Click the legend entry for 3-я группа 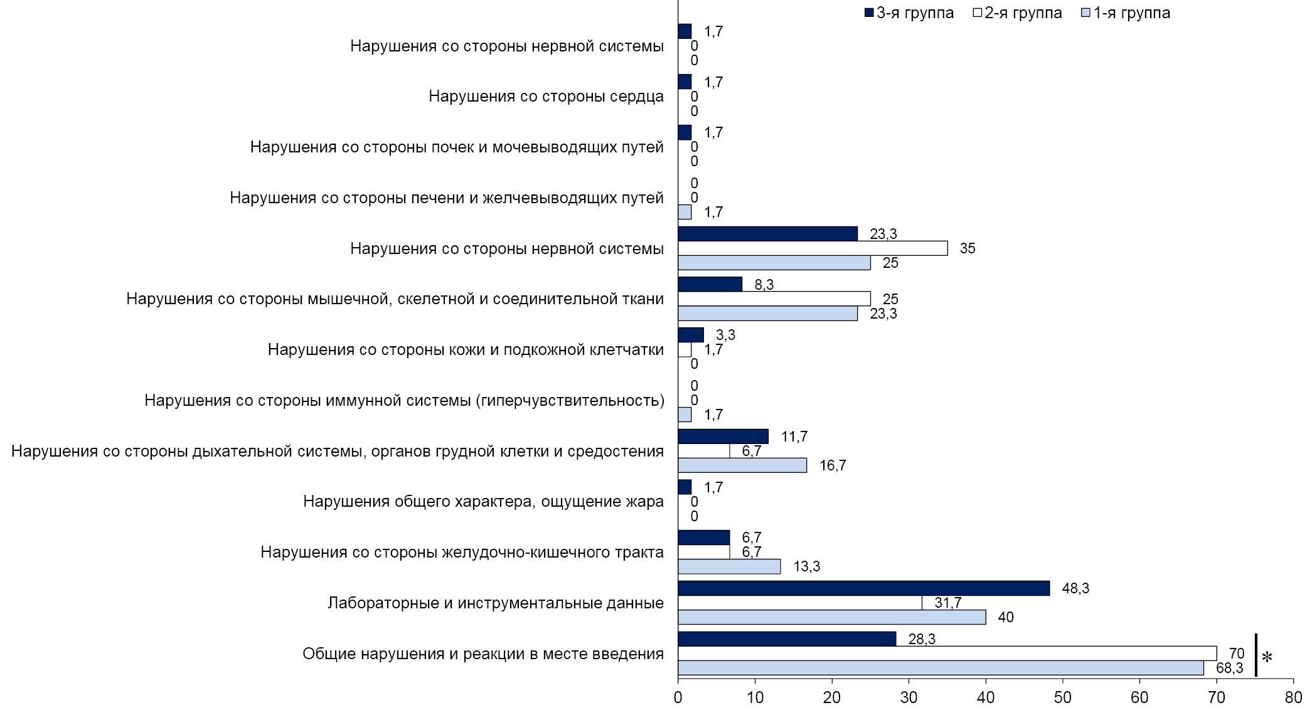point(909,13)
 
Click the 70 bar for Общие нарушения point(947,654)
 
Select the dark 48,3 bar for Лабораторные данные point(863,588)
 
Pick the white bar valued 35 point(813,248)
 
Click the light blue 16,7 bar point(742,465)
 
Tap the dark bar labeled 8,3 point(710,284)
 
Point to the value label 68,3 point(1229,669)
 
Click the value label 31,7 point(947,603)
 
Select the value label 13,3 point(806,567)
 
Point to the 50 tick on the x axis point(1062,697)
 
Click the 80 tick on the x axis point(1293,697)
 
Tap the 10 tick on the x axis point(755,697)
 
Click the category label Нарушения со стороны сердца point(546,97)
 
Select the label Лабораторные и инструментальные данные point(495,603)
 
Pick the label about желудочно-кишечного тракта point(462,553)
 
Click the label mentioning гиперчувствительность point(404,400)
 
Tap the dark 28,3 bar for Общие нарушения point(787,638)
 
